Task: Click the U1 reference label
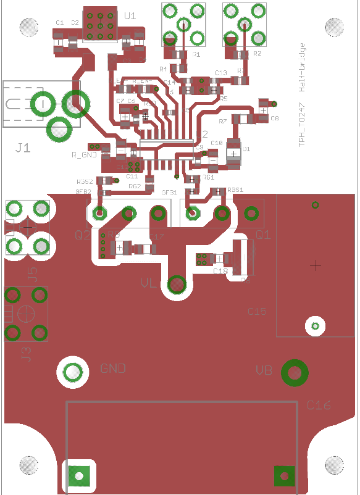[x=130, y=16]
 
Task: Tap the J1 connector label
[x=23, y=148]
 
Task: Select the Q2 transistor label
[x=82, y=235]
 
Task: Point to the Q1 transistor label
[x=263, y=235]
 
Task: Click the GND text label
[x=113, y=368]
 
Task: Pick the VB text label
[x=264, y=371]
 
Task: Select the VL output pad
[x=177, y=285]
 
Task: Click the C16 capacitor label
[x=319, y=406]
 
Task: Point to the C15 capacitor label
[x=257, y=312]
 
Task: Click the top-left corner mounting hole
[x=29, y=27]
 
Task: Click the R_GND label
[x=84, y=154]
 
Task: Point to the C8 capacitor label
[x=275, y=118]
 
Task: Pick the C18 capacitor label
[x=220, y=272]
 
